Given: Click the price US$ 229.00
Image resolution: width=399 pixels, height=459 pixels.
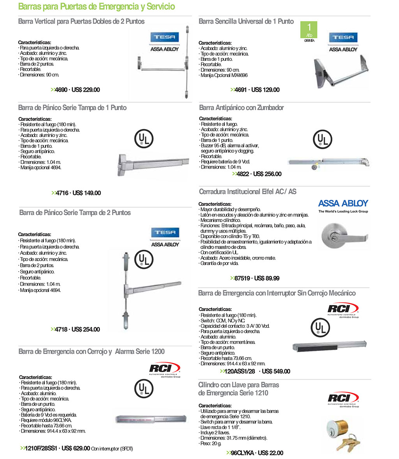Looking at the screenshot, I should [x=86, y=90].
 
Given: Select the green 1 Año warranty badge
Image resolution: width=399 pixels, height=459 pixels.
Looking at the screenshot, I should [x=310, y=30].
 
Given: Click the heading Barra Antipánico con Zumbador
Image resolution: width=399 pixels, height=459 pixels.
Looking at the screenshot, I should [x=241, y=108].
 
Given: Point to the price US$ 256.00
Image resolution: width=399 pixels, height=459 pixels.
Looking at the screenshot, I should [x=267, y=174].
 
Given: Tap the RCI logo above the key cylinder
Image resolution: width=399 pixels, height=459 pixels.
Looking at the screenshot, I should [x=343, y=399].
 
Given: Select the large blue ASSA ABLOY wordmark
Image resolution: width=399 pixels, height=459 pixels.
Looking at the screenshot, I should [x=343, y=203].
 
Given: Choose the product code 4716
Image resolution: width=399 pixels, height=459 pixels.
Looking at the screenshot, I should [x=62, y=193].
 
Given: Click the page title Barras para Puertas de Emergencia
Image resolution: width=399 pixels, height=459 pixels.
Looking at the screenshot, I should [x=97, y=7].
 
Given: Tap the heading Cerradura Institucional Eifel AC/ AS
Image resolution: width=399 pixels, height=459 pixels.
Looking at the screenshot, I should [x=247, y=192].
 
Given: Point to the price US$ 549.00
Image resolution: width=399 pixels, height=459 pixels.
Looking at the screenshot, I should [x=276, y=372].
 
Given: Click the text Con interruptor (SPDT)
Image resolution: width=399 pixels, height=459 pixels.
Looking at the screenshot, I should [x=112, y=449].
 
